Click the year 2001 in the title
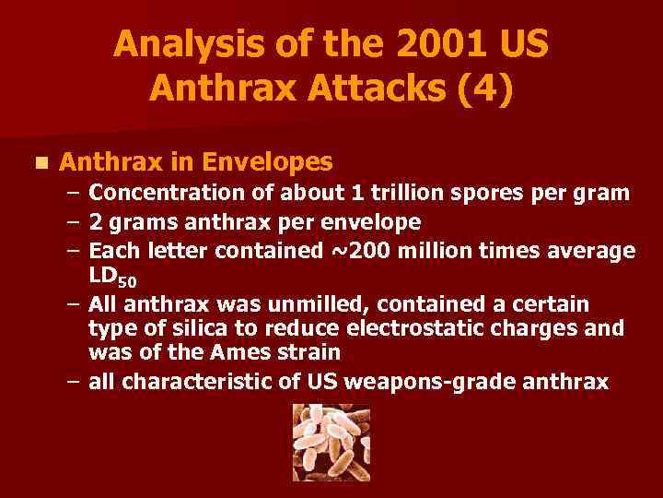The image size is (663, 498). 438,44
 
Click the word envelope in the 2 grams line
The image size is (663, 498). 372,222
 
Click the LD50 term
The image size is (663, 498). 111,277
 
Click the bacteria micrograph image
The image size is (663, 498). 331,442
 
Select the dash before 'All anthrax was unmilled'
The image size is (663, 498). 74,304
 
